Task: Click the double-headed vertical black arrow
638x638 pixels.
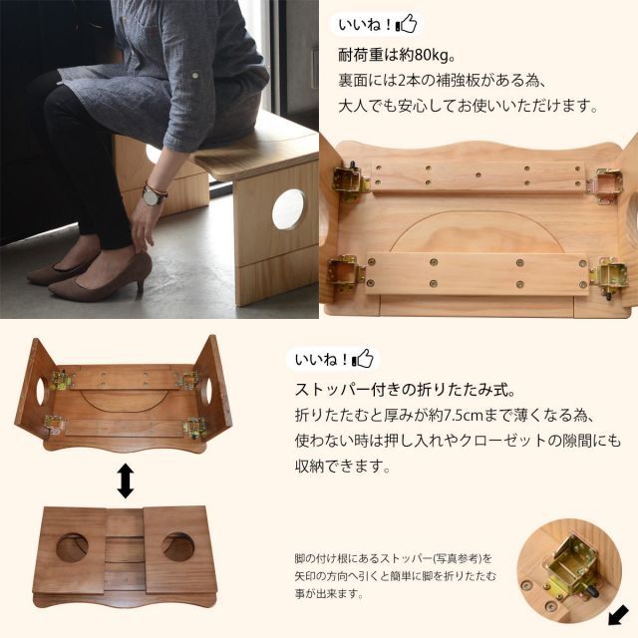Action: coord(126,481)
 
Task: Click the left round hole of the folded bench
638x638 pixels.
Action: coord(73,546)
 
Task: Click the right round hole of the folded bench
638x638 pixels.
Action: coord(179,546)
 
